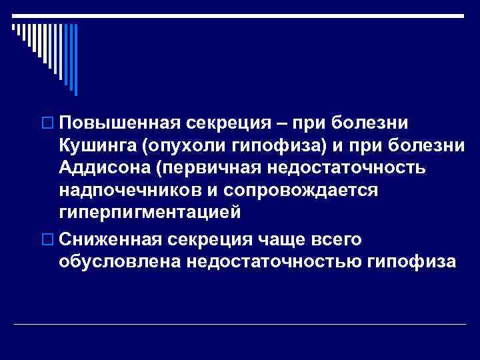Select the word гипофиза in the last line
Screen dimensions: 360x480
(412, 261)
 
